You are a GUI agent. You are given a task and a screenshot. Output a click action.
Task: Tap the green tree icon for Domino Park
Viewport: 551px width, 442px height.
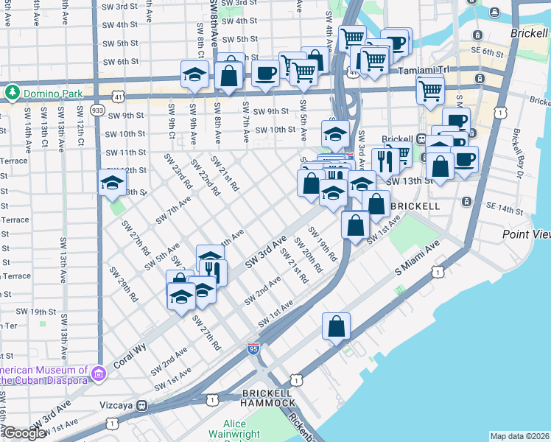[x=12, y=92]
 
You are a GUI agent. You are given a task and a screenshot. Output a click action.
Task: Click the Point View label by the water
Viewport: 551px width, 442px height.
[x=526, y=234]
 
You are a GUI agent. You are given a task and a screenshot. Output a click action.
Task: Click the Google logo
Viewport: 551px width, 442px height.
[x=24, y=433]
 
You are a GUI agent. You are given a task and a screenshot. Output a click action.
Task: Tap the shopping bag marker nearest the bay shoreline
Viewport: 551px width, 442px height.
[x=336, y=326]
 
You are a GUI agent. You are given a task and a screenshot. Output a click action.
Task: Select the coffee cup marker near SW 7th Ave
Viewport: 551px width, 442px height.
[x=265, y=72]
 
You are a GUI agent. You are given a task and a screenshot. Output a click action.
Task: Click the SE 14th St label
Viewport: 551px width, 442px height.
[x=504, y=211]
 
